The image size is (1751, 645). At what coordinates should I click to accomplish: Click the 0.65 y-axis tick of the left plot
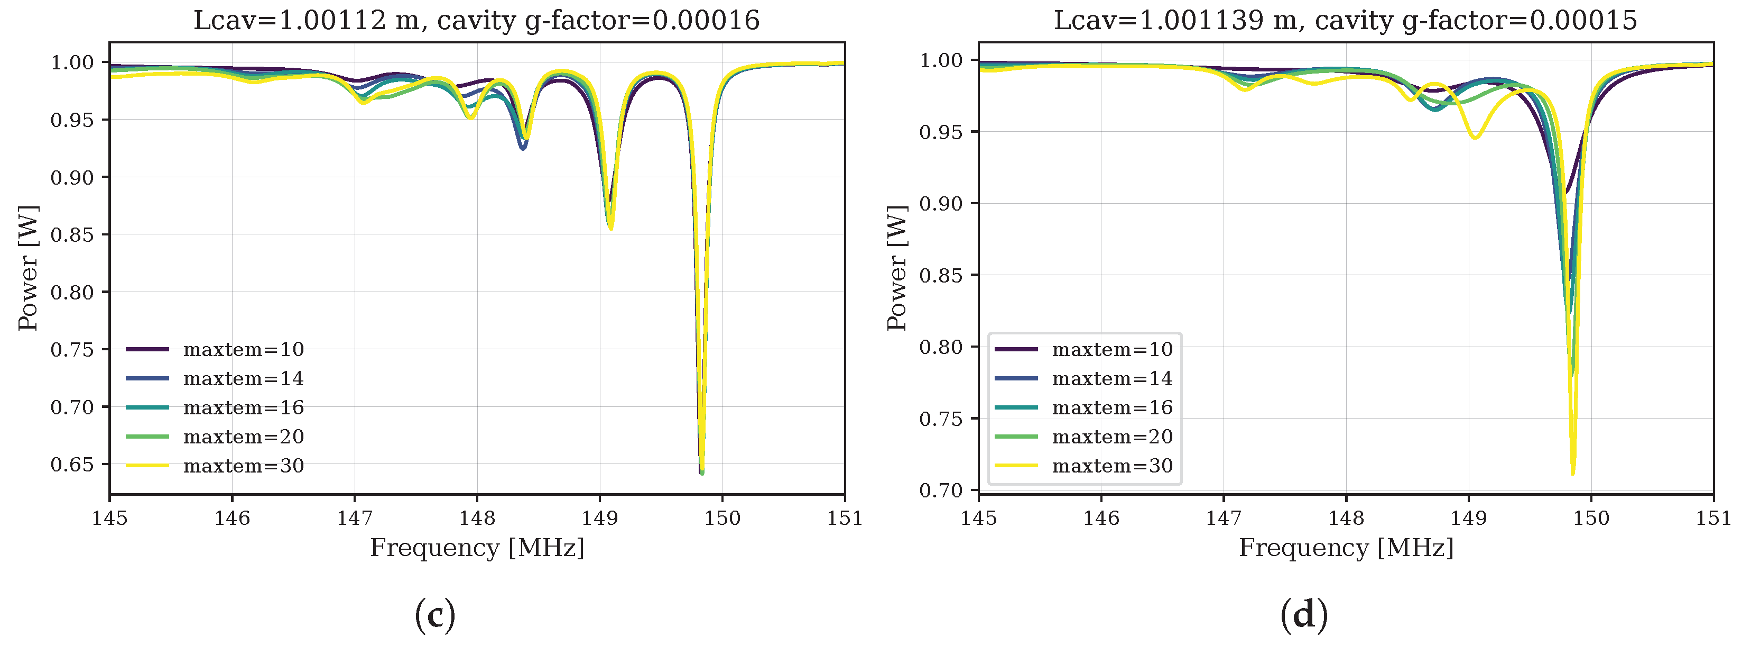pyautogui.click(x=72, y=465)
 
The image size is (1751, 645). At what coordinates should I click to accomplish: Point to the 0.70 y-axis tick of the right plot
pyautogui.click(x=941, y=490)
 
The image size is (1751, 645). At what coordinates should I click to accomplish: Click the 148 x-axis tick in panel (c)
pyautogui.click(x=477, y=519)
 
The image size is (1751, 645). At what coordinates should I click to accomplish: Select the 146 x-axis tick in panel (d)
pyautogui.click(x=1101, y=519)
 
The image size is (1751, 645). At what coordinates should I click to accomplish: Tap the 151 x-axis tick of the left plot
pyautogui.click(x=844, y=519)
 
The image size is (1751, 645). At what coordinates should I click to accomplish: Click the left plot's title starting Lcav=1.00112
pyautogui.click(x=477, y=21)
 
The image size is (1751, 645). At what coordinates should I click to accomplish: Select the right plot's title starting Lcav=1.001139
pyautogui.click(x=1345, y=21)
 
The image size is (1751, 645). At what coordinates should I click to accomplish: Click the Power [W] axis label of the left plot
pyautogui.click(x=29, y=268)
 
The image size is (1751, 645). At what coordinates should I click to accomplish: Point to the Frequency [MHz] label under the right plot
pyautogui.click(x=1346, y=548)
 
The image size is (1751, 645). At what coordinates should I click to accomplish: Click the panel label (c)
pyautogui.click(x=435, y=615)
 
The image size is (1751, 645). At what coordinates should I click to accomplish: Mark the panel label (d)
pyautogui.click(x=1304, y=615)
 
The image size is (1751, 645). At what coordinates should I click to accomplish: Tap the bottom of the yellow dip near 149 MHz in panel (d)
pyautogui.click(x=1475, y=138)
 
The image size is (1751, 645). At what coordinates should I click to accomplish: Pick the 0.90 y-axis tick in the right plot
pyautogui.click(x=941, y=203)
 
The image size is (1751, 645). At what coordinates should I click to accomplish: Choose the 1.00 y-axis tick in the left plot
pyautogui.click(x=72, y=62)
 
